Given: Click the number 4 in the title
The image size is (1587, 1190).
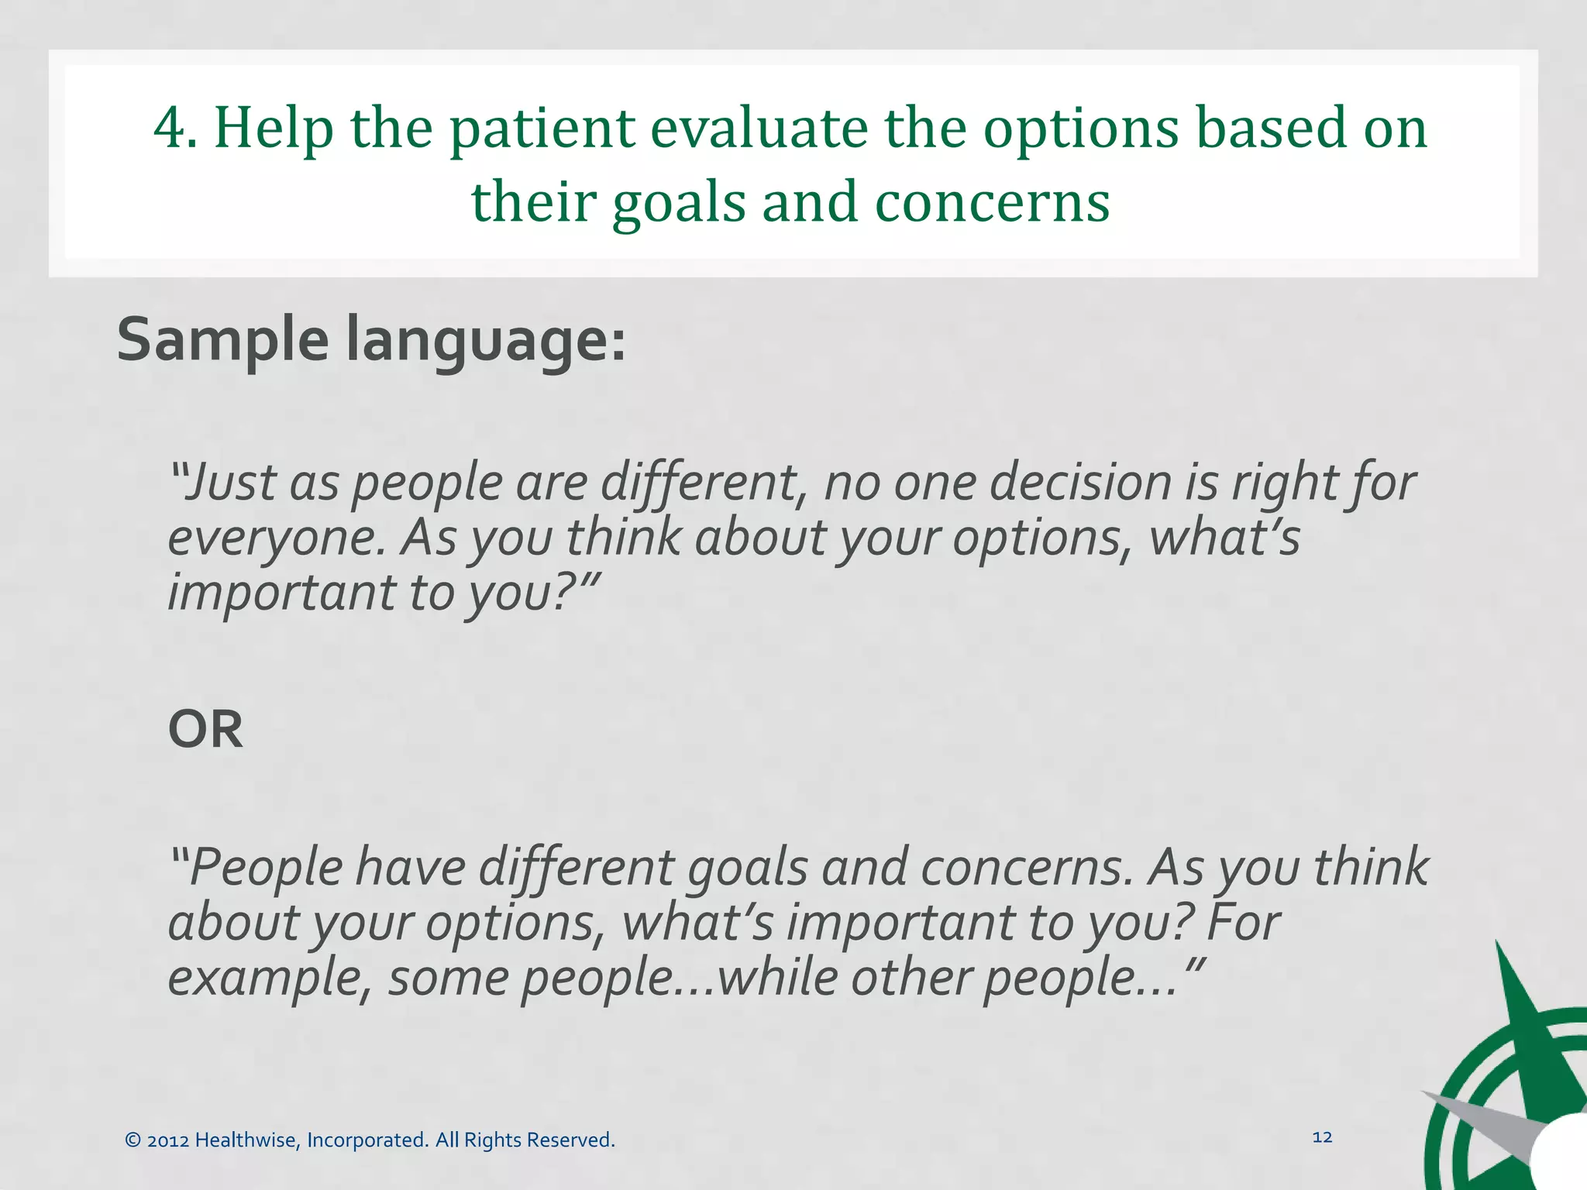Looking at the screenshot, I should point(170,128).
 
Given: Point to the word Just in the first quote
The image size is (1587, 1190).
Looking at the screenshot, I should point(230,482).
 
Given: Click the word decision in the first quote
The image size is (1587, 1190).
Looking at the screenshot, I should point(1079,482).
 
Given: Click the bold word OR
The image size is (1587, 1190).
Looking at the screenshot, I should point(205,729).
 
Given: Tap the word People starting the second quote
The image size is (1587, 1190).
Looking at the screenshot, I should point(266,867).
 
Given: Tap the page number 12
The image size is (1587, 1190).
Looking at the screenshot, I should point(1322,1137).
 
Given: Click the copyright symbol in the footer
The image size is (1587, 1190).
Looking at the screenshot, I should point(133,1140).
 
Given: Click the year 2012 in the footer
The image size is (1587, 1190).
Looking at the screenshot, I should point(168,1140).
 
